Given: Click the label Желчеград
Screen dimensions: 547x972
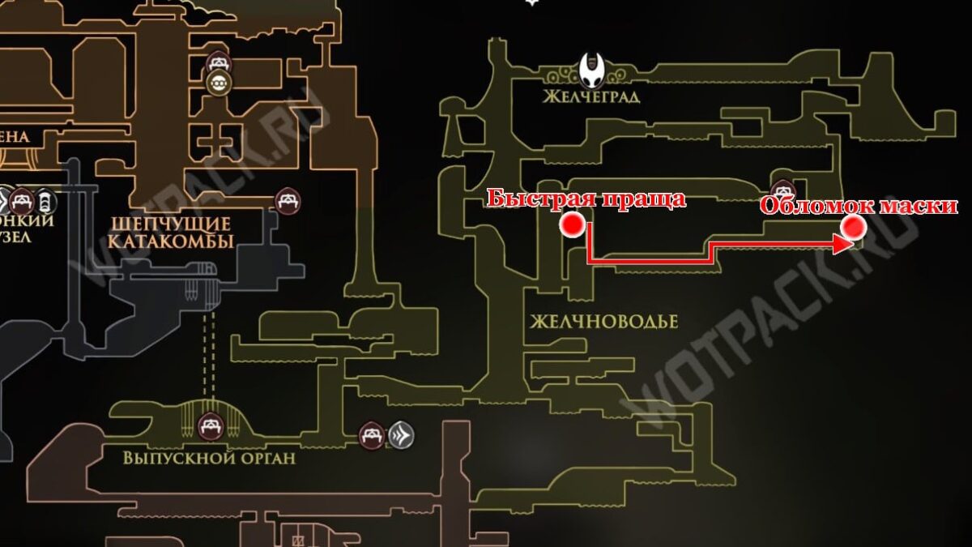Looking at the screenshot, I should coord(592,97).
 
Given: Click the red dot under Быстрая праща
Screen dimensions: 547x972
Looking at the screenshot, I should coord(573,225).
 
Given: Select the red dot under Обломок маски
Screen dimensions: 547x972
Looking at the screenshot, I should coord(852,229).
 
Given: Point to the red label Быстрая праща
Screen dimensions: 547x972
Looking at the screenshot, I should coord(587,199).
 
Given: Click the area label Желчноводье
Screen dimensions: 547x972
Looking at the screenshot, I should coord(603,322).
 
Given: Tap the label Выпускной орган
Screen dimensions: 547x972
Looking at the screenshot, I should coord(209,458).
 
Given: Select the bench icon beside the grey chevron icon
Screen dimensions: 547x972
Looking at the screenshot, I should coord(372,436).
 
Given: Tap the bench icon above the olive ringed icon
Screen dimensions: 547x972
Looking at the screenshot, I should coord(218,61).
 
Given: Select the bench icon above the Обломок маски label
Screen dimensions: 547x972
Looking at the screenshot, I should coord(782,190).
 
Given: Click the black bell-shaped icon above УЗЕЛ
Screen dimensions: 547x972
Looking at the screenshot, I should coord(47,198).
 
